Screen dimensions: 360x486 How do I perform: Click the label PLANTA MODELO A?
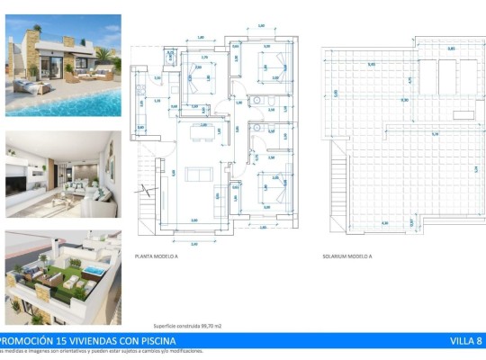[155, 256]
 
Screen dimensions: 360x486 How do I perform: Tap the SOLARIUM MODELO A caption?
[346, 256]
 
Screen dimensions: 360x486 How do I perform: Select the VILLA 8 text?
[466, 341]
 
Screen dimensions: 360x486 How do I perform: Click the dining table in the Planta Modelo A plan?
[202, 135]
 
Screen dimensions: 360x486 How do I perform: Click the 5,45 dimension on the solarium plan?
[372, 64]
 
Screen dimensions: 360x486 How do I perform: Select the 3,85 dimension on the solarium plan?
[451, 49]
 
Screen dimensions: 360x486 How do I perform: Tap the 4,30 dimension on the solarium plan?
[404, 100]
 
